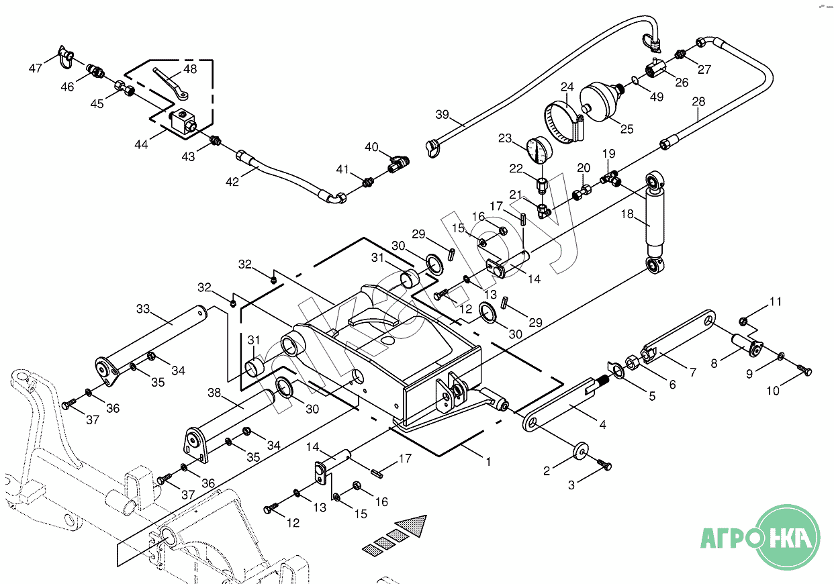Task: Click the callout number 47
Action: [x=36, y=68]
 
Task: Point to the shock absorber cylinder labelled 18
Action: [x=655, y=217]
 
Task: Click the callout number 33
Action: [x=143, y=309]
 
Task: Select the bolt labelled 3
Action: [x=605, y=465]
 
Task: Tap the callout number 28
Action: [x=698, y=102]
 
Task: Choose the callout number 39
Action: [x=442, y=115]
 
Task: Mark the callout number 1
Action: [x=488, y=462]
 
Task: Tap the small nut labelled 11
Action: [x=743, y=320]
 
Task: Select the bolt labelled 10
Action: [x=804, y=370]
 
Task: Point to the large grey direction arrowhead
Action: [x=413, y=525]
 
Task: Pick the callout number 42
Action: [x=232, y=181]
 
